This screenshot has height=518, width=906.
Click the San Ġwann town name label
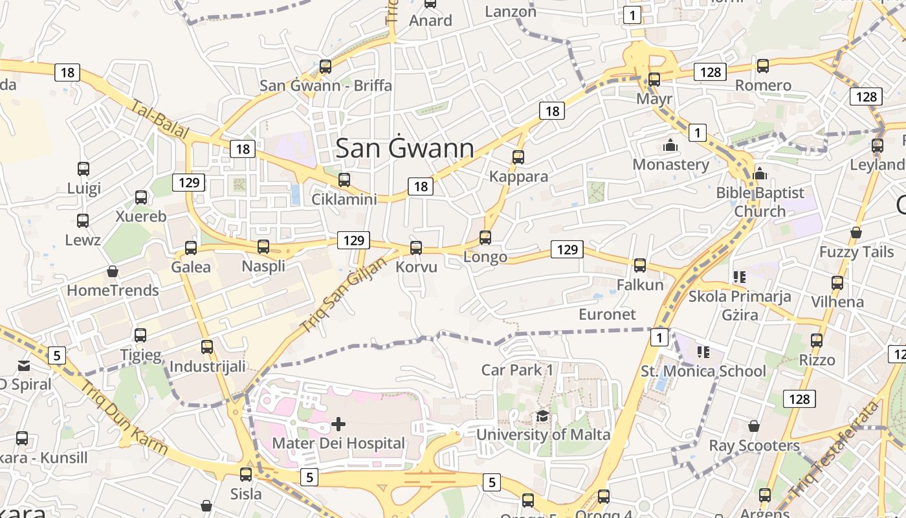405,148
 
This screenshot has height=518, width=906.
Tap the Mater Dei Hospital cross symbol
338,425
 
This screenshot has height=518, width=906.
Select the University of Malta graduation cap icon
542,416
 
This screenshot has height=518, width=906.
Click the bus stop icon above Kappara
518,157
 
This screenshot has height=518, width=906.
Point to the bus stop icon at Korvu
416,247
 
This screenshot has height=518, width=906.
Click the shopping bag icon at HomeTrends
113,271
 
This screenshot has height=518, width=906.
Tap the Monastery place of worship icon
670,145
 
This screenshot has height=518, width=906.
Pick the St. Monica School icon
703,352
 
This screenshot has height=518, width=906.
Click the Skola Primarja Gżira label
740,306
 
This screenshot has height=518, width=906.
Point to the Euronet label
607,314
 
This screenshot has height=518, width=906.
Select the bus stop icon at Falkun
640,265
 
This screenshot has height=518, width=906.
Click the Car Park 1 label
518,370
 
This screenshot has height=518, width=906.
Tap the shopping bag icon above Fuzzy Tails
856,232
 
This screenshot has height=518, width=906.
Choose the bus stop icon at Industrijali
207,347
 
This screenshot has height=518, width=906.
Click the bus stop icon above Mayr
654,80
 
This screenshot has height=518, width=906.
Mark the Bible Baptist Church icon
760,174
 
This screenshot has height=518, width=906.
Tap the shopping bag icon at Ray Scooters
754,426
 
